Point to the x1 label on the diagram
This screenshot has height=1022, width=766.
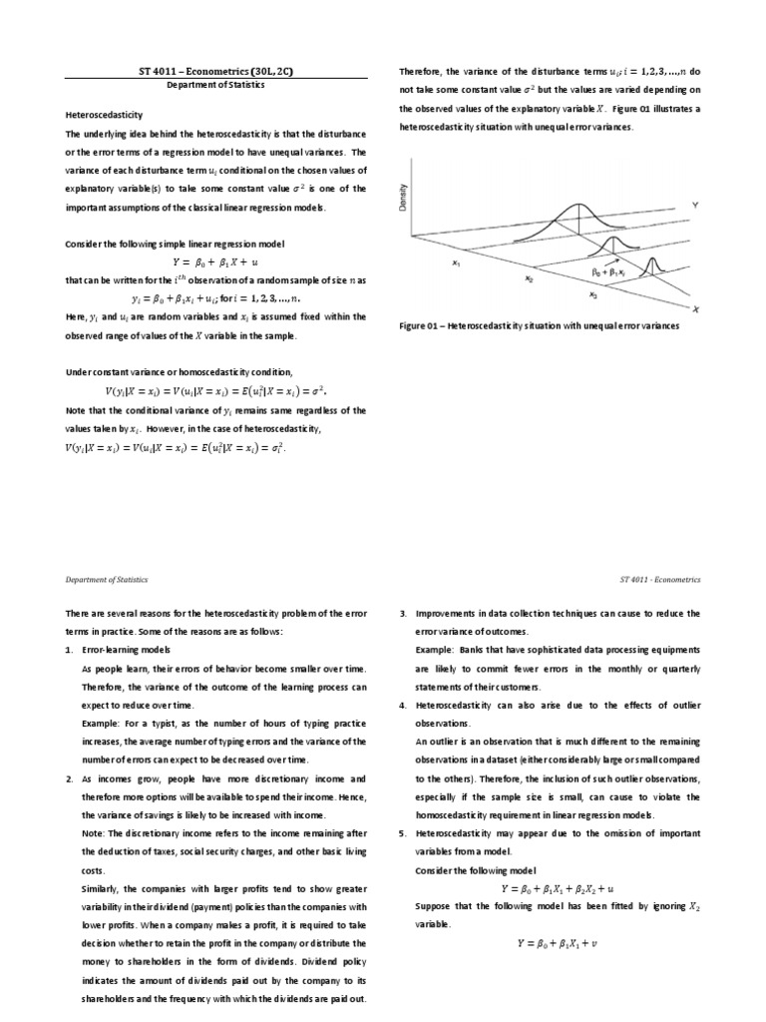456,264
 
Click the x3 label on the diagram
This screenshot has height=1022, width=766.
592,294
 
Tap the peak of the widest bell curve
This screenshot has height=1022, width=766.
579,206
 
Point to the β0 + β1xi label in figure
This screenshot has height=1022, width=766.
606,271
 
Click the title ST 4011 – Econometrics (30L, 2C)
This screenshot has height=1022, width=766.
215,72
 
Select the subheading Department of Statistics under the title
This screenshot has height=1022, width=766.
215,87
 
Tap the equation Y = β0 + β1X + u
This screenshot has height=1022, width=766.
216,262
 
